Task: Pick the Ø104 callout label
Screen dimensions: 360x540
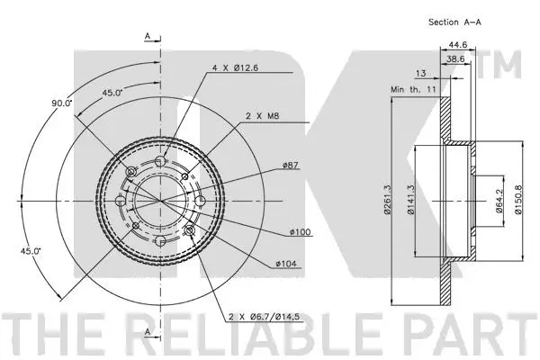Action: tap(286, 263)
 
